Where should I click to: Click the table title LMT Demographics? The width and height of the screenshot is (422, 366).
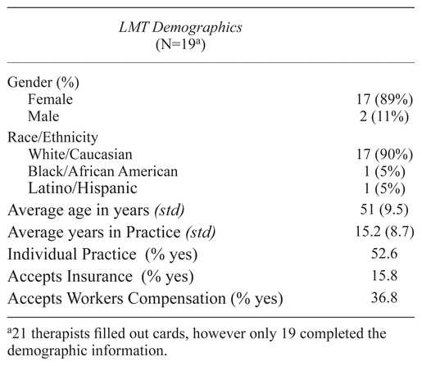[180, 28]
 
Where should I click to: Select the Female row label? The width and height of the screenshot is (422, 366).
[51, 99]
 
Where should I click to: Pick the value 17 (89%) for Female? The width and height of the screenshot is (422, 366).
[384, 99]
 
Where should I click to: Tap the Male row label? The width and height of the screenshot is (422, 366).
[43, 116]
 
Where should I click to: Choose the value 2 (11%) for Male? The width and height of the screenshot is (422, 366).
[384, 117]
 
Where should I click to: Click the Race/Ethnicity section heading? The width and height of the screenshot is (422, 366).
[52, 137]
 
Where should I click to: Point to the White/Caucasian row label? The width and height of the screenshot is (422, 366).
[80, 154]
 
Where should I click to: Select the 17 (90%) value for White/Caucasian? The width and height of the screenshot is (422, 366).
[384, 155]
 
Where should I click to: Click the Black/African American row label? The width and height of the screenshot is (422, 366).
[103, 171]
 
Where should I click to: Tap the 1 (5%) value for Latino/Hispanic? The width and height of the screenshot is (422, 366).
[384, 189]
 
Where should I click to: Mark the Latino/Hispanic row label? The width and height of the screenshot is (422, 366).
[83, 188]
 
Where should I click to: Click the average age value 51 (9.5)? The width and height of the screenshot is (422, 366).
[384, 210]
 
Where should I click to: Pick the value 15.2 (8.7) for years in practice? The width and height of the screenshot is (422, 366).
[384, 232]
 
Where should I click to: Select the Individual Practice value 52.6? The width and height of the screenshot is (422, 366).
[384, 254]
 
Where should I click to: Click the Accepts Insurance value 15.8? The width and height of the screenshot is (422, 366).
[384, 276]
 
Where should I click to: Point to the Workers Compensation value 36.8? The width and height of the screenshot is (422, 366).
[384, 297]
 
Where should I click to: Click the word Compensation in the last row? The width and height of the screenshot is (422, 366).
[177, 298]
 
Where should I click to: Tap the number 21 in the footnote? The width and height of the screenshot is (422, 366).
[20, 333]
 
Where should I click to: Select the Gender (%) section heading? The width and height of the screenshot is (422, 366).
[43, 83]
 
